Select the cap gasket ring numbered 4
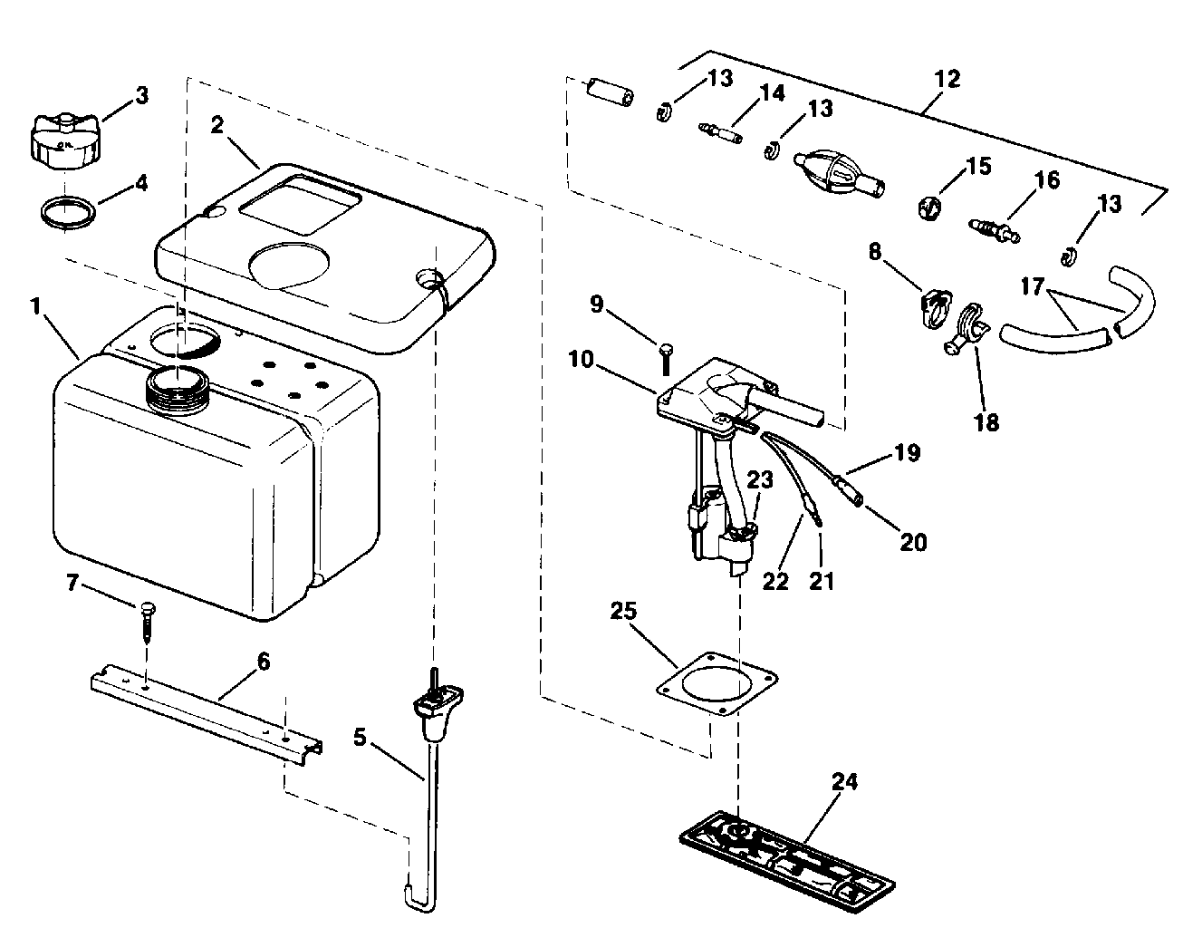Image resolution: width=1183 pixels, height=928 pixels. pyautogui.click(x=69, y=214)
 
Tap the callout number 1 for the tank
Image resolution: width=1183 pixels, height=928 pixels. pyautogui.click(x=35, y=306)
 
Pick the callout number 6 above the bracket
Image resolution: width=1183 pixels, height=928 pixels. pyautogui.click(x=263, y=662)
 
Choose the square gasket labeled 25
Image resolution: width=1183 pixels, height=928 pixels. pyautogui.click(x=717, y=685)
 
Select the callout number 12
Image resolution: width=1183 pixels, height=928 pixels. pyautogui.click(x=947, y=79)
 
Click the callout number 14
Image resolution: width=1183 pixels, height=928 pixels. pyautogui.click(x=773, y=92)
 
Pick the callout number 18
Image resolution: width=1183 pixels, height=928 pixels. pyautogui.click(x=986, y=422)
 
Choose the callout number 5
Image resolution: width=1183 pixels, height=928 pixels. pyautogui.click(x=361, y=738)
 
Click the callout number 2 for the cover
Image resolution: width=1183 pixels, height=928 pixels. pyautogui.click(x=216, y=125)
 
